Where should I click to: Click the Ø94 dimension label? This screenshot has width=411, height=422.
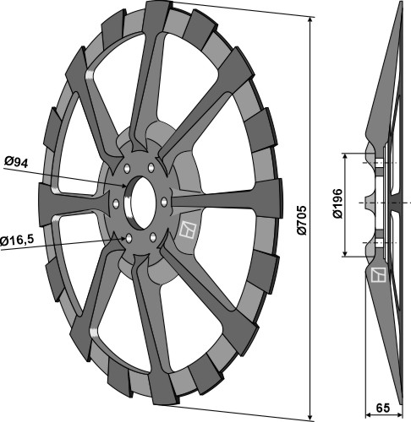[16, 162]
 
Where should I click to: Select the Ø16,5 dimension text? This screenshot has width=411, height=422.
[17, 241]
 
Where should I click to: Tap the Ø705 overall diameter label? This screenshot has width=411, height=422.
[302, 220]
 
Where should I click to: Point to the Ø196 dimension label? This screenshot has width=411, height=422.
[337, 203]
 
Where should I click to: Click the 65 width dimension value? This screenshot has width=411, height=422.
[383, 408]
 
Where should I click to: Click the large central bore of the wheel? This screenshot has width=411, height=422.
[142, 203]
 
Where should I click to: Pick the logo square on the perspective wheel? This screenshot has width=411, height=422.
[188, 230]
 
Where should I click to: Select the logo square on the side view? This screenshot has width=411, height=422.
[378, 274]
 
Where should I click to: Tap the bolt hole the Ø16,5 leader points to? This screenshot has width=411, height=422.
[129, 239]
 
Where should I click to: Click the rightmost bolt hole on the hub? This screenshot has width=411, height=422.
[164, 202]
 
